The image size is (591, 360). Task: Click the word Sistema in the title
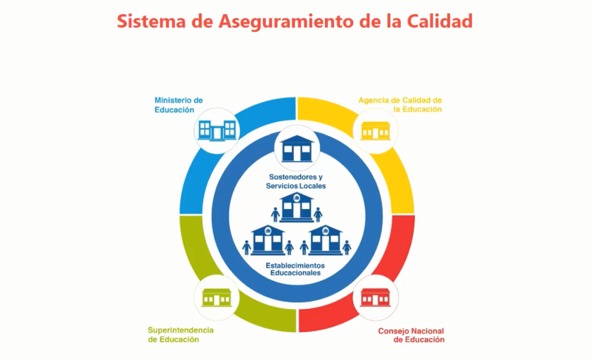point(151,21)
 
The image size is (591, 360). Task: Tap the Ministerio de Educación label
point(179,105)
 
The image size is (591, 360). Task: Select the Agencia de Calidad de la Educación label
point(400,104)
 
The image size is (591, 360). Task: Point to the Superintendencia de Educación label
point(180,335)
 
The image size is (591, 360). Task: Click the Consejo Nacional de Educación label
point(411,335)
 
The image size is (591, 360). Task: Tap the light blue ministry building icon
point(217,130)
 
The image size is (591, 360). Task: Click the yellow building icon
point(375,131)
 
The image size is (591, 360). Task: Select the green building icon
point(216,297)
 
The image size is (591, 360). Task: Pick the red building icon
point(375,297)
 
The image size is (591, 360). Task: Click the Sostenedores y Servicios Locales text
point(296,181)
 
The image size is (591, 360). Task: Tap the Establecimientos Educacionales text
point(295,269)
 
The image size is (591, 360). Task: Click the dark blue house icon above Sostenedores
point(297,149)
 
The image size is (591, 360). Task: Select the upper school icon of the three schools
point(297,207)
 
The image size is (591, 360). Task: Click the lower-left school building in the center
point(268,240)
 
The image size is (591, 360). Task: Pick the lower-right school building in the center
point(325,240)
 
